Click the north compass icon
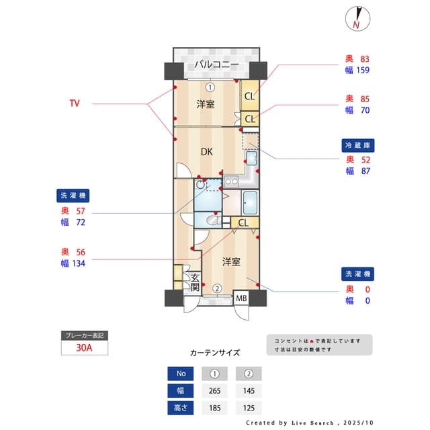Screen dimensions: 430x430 point(357,19)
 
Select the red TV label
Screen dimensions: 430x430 point(75,103)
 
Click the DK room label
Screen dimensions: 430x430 point(207,152)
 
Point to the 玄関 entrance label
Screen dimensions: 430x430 point(195,282)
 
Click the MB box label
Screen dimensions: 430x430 point(241,298)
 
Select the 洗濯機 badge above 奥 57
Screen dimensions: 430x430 point(73,196)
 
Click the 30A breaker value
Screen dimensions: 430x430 point(85,348)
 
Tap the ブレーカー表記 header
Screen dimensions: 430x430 point(83,335)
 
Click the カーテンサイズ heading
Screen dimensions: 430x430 point(214,352)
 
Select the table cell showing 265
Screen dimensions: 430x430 point(214,390)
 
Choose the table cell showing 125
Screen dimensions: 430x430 point(248,407)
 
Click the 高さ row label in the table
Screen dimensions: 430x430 point(179,407)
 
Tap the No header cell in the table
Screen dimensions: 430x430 point(179,374)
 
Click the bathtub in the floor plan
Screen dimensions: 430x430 point(249,202)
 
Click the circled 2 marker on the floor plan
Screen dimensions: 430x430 point(217,289)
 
